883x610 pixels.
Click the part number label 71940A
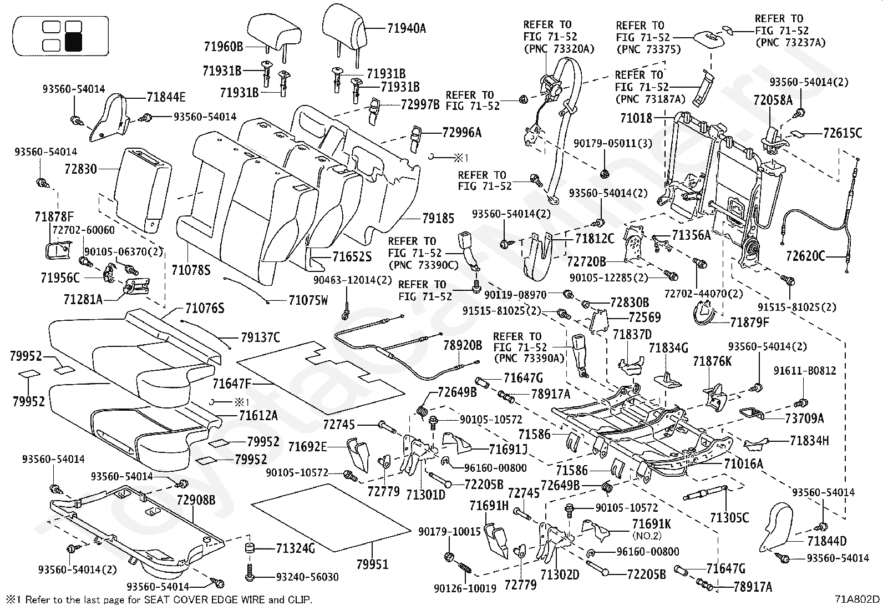click(407, 28)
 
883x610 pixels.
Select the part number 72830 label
click(81, 169)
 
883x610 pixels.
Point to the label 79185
click(438, 218)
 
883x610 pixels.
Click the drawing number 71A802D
click(857, 599)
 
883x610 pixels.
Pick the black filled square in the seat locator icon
click(73, 42)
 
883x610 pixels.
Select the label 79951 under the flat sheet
click(373, 564)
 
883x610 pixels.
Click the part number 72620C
click(805, 256)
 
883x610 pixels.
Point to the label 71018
click(636, 118)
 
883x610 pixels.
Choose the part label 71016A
click(743, 463)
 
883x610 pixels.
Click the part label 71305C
click(729, 517)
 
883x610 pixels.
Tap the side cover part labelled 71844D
click(776, 527)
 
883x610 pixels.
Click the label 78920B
click(463, 345)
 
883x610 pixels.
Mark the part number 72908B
click(196, 500)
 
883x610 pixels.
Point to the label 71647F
click(232, 384)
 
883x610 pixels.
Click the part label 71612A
click(258, 415)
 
